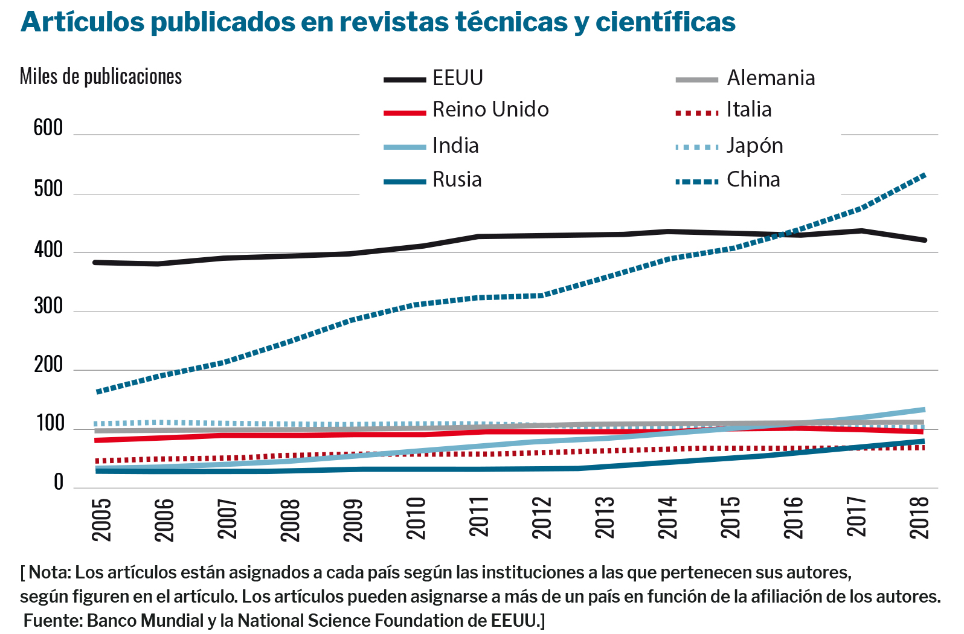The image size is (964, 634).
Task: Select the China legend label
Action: [753, 179]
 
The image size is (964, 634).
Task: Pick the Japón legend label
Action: [754, 146]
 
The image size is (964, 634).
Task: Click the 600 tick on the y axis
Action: [48, 128]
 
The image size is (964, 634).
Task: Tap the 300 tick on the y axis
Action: [48, 306]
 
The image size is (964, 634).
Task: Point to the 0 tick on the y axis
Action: [58, 482]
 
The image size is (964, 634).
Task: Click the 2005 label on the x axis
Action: [101, 519]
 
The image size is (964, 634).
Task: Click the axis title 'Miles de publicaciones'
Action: [101, 77]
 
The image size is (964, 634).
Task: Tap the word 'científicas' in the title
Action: [665, 22]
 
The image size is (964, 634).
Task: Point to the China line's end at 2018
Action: [924, 175]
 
